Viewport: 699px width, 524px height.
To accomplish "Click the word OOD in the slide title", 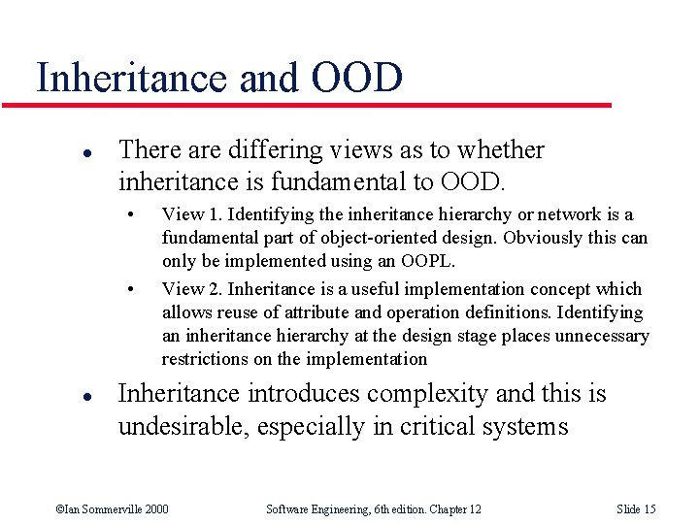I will point(358,78).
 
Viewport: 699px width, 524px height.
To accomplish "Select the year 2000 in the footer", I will point(156,509).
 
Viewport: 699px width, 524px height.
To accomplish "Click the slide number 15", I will point(649,509).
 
